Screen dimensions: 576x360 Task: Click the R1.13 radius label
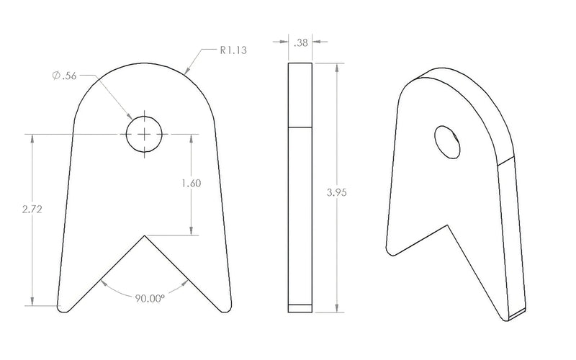(233, 50)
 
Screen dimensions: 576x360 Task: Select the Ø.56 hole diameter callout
(65, 76)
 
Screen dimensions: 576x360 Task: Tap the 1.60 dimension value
(192, 184)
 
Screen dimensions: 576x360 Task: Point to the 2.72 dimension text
(32, 210)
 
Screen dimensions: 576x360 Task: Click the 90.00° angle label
(150, 298)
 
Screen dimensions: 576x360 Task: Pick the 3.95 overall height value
(336, 192)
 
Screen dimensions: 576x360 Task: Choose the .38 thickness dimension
(301, 43)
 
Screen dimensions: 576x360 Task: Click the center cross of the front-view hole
(145, 135)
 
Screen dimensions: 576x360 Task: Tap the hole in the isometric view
(447, 142)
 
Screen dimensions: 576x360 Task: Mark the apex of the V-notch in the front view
(145, 235)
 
